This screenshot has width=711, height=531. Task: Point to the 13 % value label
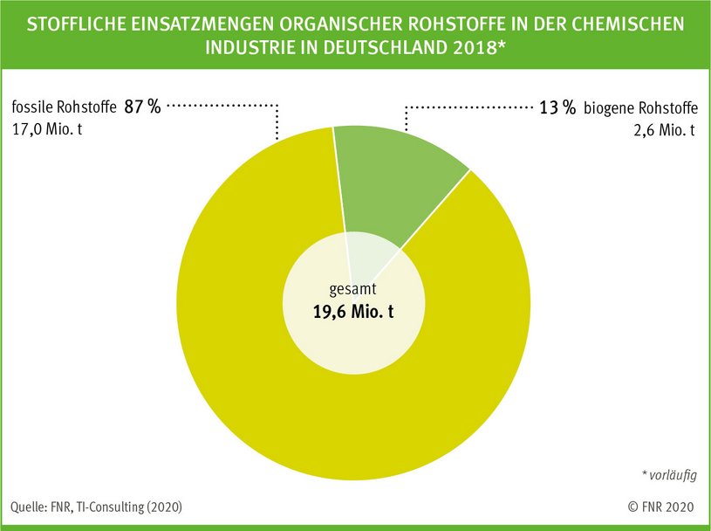555,109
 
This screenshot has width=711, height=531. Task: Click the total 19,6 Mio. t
353,311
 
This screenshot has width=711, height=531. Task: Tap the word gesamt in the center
353,289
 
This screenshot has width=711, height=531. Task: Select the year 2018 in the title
469,49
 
